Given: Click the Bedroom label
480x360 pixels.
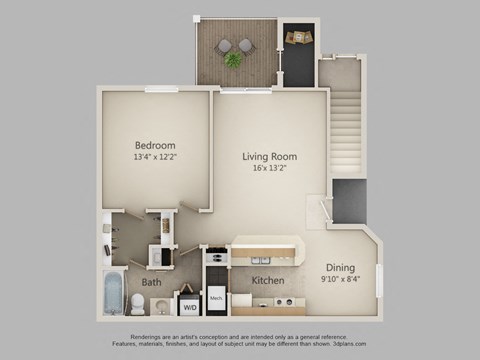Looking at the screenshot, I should (x=156, y=143).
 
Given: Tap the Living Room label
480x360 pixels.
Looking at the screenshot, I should (x=270, y=156).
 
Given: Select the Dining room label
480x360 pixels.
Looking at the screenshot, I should (x=341, y=267).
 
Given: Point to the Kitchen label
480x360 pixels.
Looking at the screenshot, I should (x=268, y=281).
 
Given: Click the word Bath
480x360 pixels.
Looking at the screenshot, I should (x=151, y=283).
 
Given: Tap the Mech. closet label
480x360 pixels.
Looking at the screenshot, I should (x=217, y=298).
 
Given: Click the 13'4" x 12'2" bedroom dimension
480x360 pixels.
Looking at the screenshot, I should (x=156, y=157).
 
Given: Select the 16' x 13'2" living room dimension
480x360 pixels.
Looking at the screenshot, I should (x=270, y=170).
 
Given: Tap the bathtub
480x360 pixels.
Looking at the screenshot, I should (x=112, y=292).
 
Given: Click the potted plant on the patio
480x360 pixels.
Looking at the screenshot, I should (x=233, y=59).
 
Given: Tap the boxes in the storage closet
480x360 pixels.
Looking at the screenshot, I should (x=298, y=38).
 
